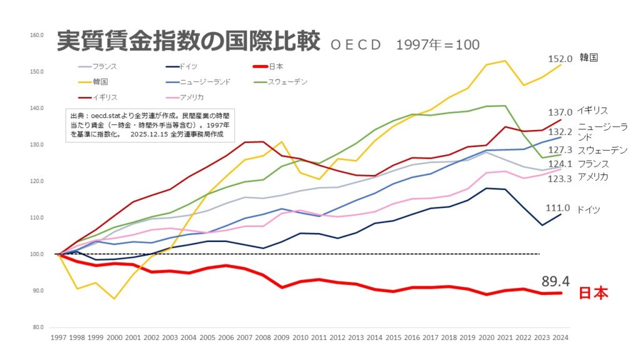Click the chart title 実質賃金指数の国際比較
(x=187, y=41)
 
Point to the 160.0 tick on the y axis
(x=36, y=35)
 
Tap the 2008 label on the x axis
(x=263, y=337)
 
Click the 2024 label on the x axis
(x=561, y=337)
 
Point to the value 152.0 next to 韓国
(x=560, y=59)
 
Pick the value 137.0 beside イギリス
(x=559, y=112)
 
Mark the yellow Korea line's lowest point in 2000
(x=114, y=299)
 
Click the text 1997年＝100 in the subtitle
(x=437, y=45)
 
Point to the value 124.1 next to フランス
(x=559, y=164)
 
